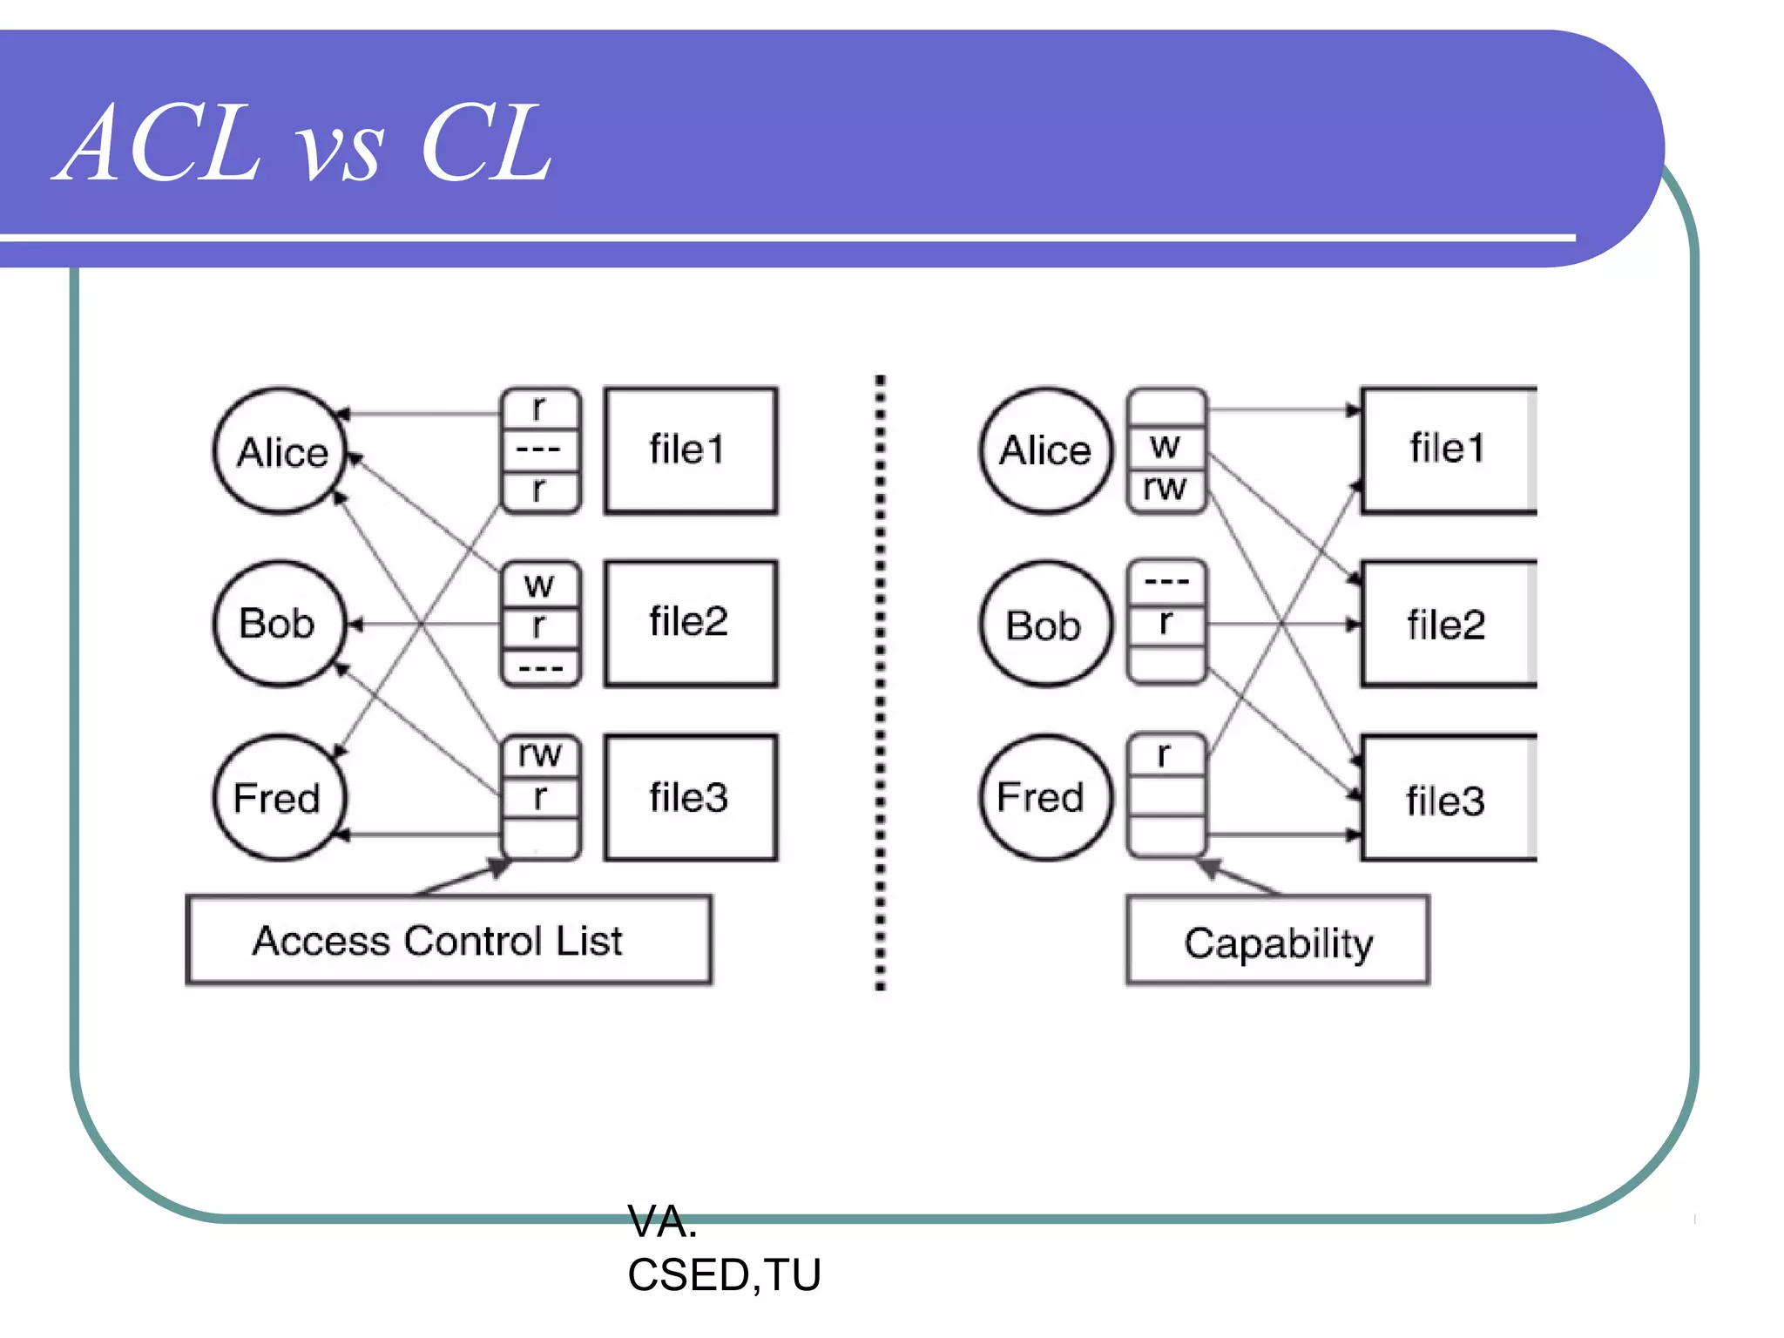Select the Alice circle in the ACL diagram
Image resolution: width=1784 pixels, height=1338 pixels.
point(280,451)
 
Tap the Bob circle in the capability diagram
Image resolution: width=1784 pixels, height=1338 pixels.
point(1045,625)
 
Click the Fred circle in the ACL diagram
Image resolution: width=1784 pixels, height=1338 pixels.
point(279,798)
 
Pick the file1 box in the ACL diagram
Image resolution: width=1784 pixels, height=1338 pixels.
point(690,450)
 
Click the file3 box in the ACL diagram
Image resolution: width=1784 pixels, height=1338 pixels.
point(690,798)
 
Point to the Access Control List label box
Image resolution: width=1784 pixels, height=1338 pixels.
point(448,941)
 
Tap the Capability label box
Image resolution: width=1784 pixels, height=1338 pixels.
point(1278,942)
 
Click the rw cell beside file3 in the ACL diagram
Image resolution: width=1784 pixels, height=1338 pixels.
point(540,754)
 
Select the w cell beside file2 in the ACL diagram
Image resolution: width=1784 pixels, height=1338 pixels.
point(540,584)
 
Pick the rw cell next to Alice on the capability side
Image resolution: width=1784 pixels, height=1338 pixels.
point(1166,488)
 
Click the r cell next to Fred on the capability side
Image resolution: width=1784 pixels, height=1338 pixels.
point(1166,754)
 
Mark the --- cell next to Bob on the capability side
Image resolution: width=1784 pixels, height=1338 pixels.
point(1166,580)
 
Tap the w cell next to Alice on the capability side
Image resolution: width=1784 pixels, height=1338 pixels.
point(1166,447)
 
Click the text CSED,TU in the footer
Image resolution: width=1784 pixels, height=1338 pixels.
point(723,1275)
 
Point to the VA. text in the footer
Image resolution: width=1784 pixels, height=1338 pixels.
point(662,1221)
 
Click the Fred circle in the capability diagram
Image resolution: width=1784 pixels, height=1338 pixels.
point(1045,798)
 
